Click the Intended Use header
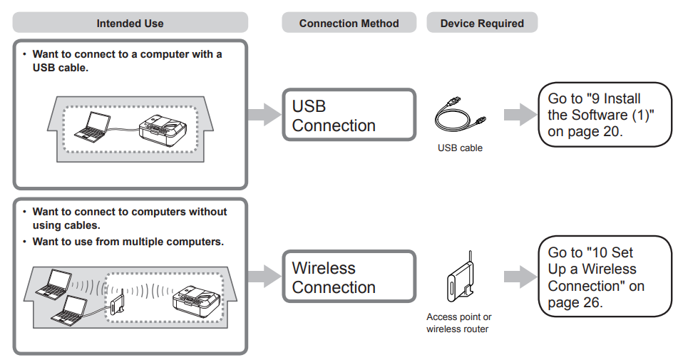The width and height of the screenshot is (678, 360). click(x=130, y=23)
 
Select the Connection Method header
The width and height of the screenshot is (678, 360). click(x=349, y=23)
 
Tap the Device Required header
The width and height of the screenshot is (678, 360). click(x=482, y=23)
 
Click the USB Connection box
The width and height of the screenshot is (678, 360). click(x=348, y=115)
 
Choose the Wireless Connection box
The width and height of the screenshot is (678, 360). click(x=348, y=277)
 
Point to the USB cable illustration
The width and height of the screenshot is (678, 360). click(x=460, y=115)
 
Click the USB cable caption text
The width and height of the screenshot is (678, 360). click(x=460, y=148)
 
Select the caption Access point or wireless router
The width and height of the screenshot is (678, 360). click(x=459, y=323)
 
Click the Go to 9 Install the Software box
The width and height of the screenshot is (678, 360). click(x=603, y=115)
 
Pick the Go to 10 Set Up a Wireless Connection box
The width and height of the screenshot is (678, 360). click(x=603, y=277)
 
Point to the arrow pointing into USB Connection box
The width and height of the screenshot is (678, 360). click(x=263, y=115)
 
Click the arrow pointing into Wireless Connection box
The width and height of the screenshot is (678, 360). click(x=263, y=277)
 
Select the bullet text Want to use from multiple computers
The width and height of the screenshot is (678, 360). click(x=128, y=242)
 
